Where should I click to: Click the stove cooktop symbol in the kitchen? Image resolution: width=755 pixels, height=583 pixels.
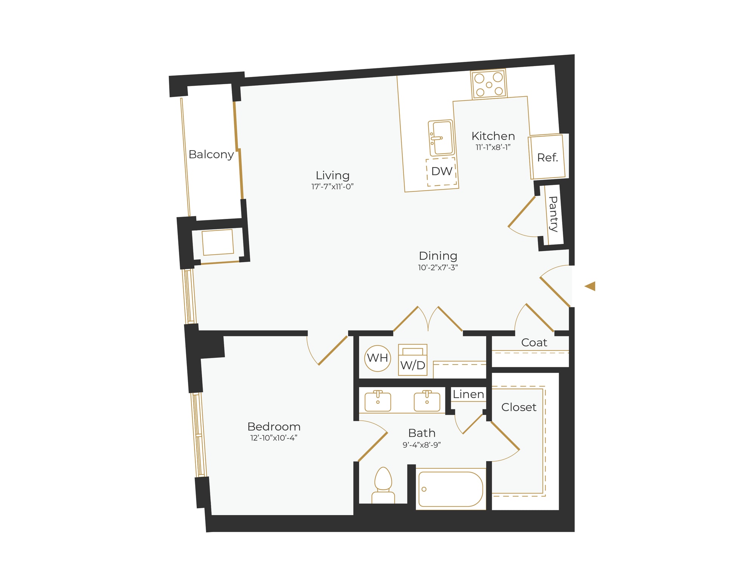[488, 84]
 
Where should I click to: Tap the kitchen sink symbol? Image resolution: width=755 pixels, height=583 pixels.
[441, 138]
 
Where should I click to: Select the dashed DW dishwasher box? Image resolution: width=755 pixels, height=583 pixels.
[441, 172]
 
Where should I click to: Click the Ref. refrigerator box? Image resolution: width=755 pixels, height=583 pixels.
[547, 157]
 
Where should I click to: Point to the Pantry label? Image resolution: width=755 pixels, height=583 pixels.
[553, 214]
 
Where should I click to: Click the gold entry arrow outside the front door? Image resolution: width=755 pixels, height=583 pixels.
[590, 286]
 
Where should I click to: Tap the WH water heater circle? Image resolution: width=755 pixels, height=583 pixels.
[377, 358]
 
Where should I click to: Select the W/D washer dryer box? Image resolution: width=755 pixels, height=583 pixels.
[413, 360]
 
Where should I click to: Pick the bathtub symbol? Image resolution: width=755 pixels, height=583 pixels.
[450, 489]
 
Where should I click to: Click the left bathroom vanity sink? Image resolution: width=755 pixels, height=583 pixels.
[377, 401]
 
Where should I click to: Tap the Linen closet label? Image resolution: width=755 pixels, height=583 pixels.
[468, 394]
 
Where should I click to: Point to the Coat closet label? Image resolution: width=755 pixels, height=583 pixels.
[534, 343]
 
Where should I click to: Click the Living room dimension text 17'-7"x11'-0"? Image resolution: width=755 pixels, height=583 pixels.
[332, 186]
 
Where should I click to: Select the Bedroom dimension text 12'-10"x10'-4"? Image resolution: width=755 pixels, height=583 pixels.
[274, 438]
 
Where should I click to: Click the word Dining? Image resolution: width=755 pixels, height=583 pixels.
[438, 256]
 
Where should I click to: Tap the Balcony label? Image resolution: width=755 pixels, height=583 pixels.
[211, 154]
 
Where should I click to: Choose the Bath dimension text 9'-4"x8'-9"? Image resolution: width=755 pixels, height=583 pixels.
[422, 445]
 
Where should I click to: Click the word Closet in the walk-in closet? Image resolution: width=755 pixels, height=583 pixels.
[519, 407]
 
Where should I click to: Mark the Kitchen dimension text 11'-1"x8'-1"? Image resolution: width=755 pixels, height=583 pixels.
[493, 147]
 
